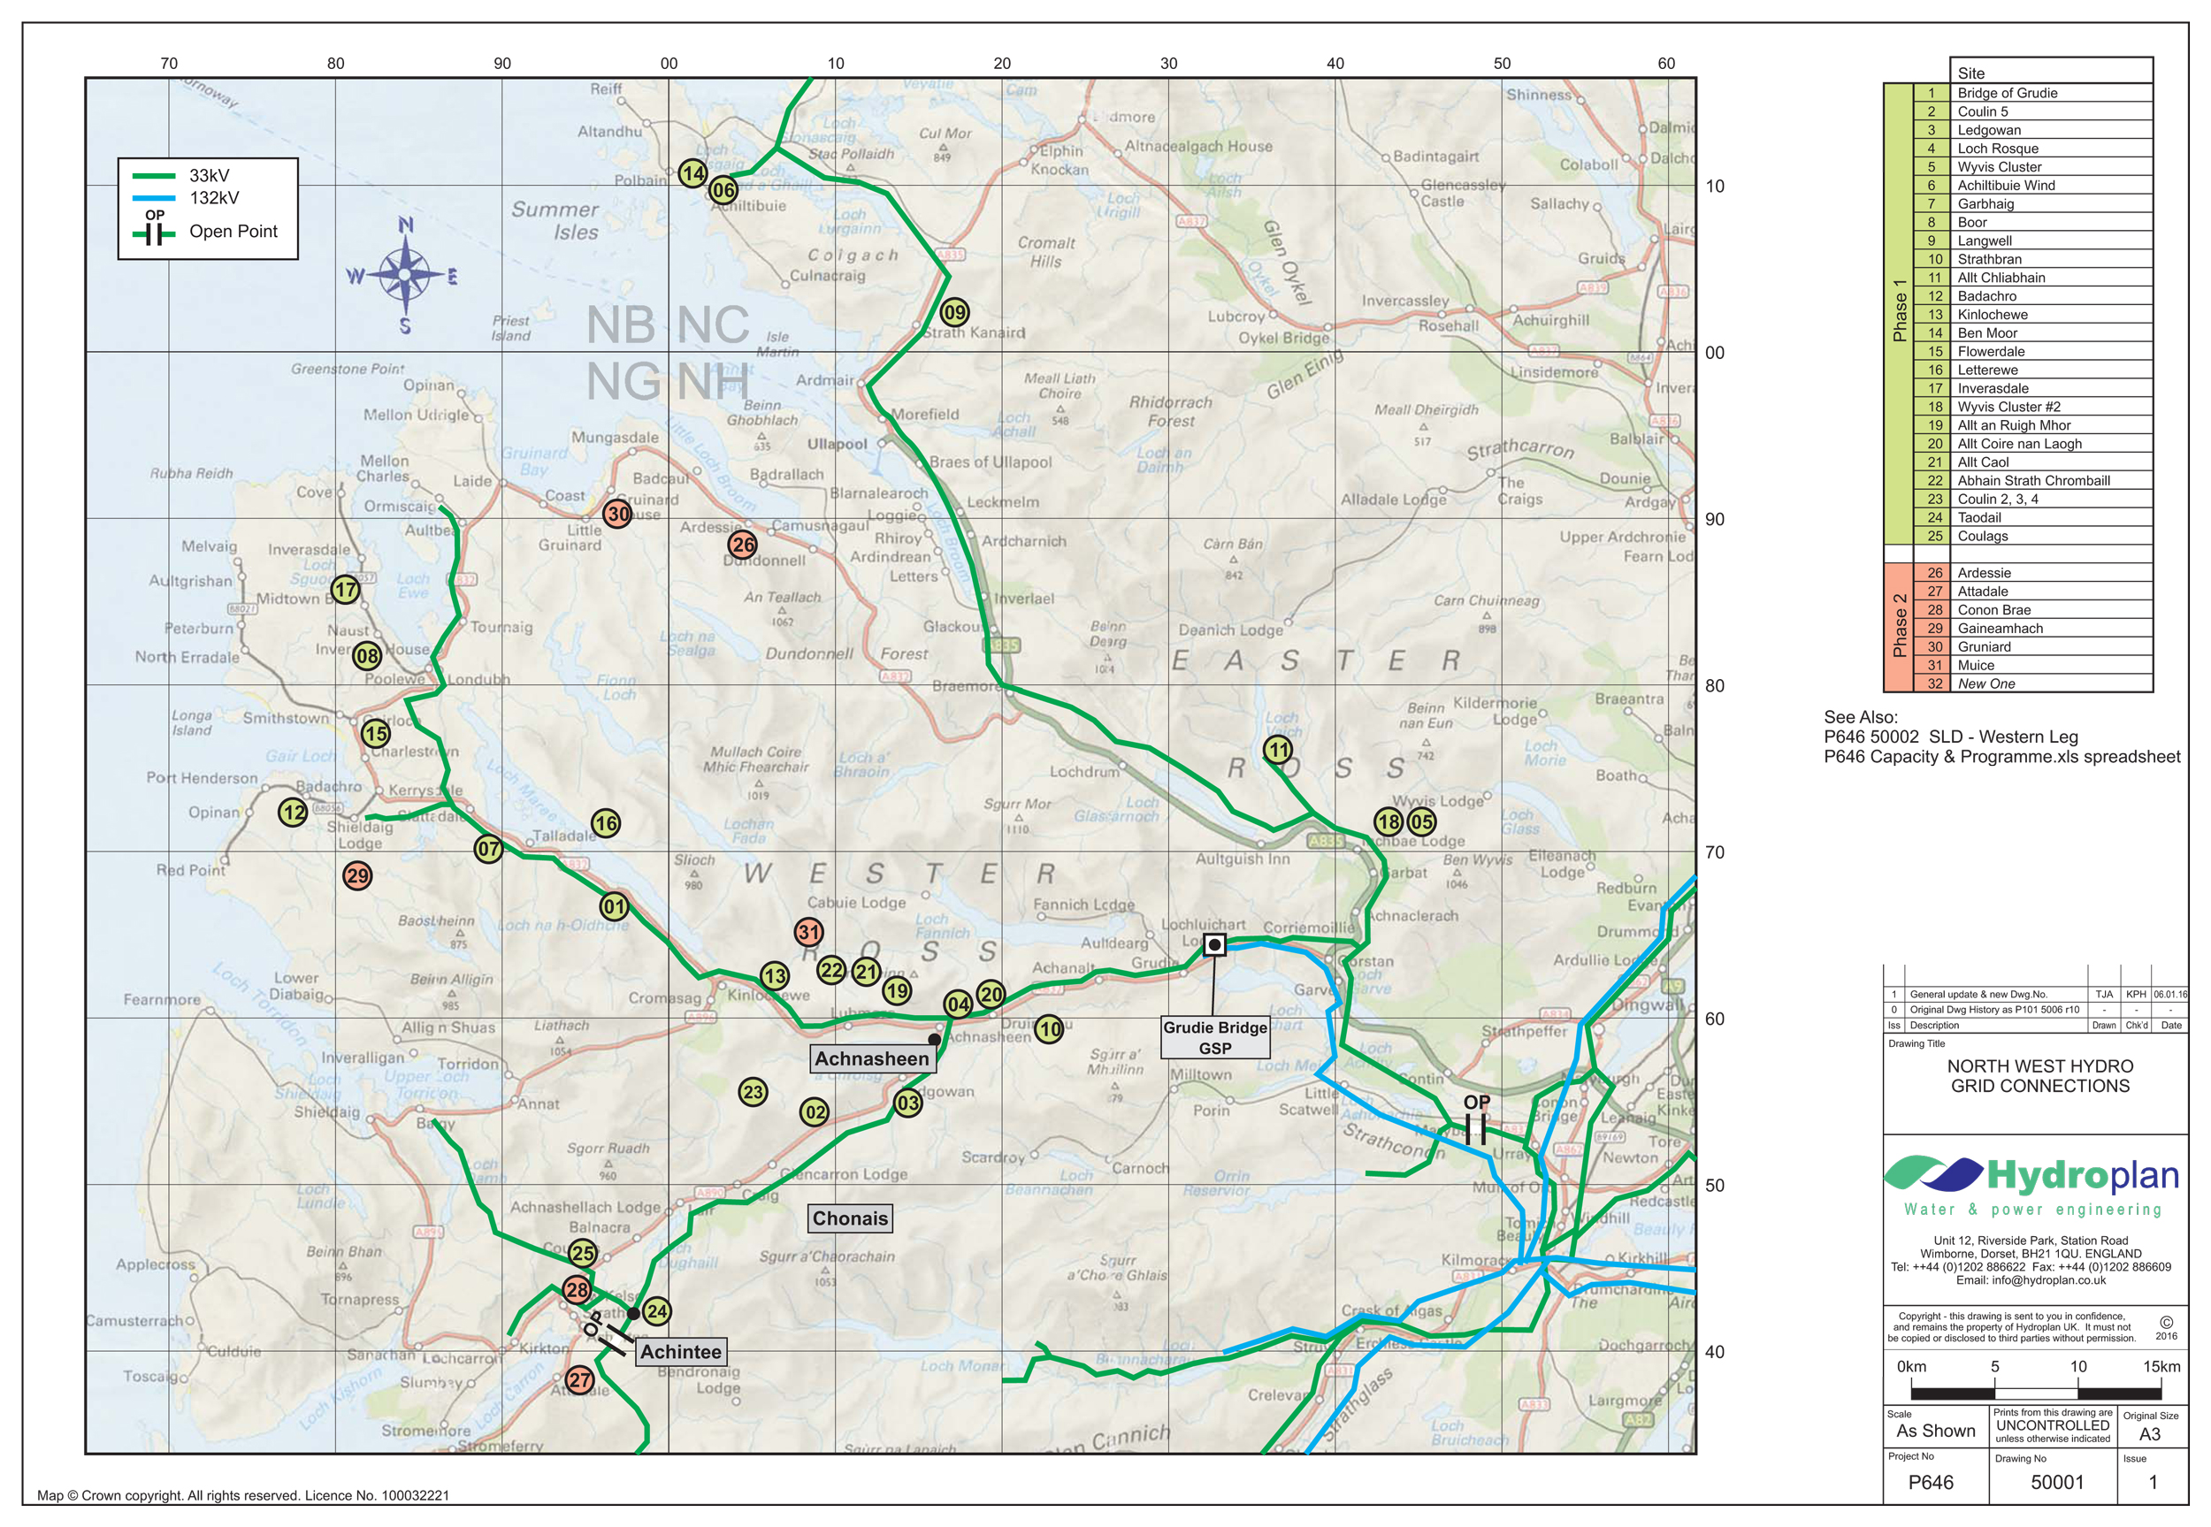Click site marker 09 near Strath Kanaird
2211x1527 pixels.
tap(954, 312)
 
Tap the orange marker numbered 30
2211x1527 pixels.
tap(618, 514)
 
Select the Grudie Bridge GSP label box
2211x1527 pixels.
tap(1214, 1037)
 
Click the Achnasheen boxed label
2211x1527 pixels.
tap(872, 1058)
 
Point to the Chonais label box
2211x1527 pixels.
tap(850, 1218)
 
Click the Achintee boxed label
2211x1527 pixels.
tap(680, 1351)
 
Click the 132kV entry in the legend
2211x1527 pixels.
tap(212, 198)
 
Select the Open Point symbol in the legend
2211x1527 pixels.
tap(154, 231)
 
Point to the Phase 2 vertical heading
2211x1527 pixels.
tap(1898, 627)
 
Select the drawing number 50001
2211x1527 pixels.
tap(2056, 1482)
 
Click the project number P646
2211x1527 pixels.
tap(1930, 1482)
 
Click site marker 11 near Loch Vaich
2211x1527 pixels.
tap(1278, 749)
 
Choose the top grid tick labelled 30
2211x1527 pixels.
tap(1168, 63)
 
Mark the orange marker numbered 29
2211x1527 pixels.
tap(357, 874)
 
